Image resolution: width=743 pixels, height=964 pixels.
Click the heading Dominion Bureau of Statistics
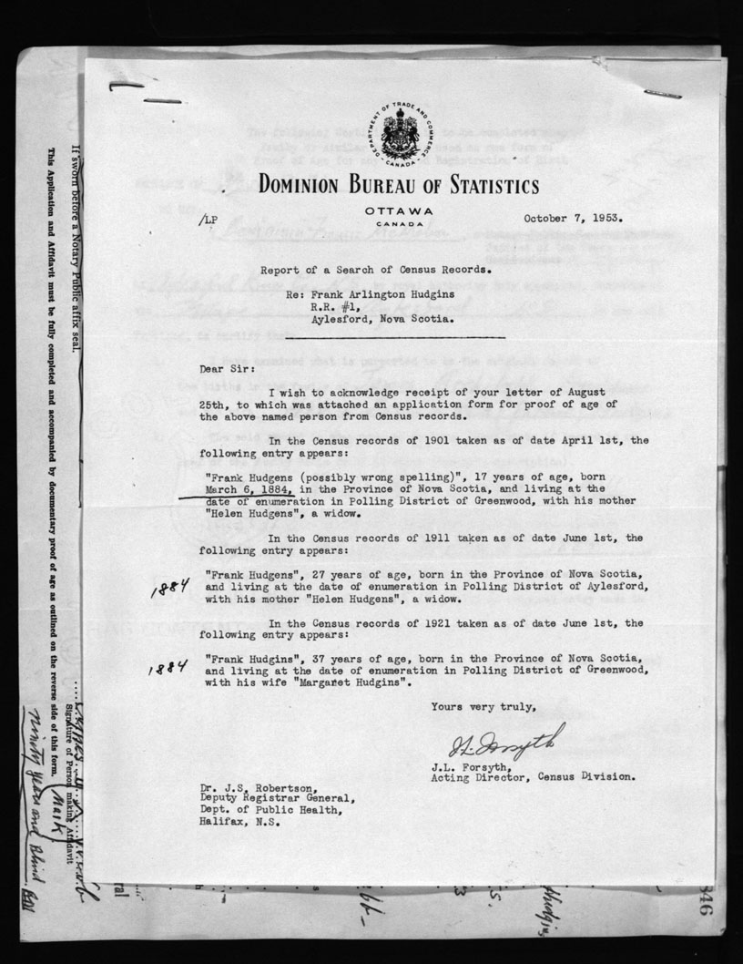point(398,187)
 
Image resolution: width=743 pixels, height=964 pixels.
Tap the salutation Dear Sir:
point(225,371)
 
